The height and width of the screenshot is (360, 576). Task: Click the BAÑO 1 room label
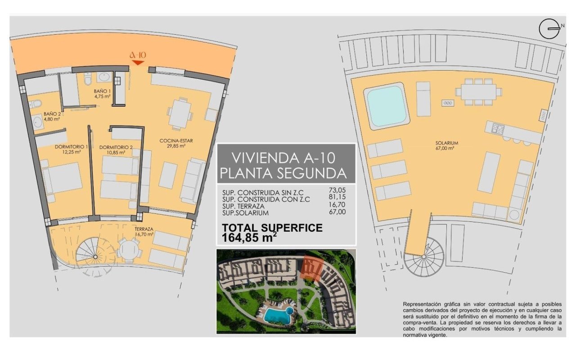pyautogui.click(x=102, y=94)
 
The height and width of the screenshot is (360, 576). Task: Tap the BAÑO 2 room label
pyautogui.click(x=52, y=116)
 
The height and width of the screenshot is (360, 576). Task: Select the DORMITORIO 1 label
pyautogui.click(x=71, y=149)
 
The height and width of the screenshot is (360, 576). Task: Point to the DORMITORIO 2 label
pyautogui.click(x=116, y=150)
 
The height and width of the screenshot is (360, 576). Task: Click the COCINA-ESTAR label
pyautogui.click(x=176, y=143)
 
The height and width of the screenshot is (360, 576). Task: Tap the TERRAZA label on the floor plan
pyautogui.click(x=144, y=231)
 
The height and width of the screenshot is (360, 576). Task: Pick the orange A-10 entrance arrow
pyautogui.click(x=138, y=63)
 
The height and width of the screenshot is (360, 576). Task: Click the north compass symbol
pyautogui.click(x=550, y=29)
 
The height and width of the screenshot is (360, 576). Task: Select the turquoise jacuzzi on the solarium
pyautogui.click(x=386, y=106)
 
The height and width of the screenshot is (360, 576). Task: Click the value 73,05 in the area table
pyautogui.click(x=337, y=190)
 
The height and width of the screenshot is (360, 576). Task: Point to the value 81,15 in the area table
pyautogui.click(x=337, y=197)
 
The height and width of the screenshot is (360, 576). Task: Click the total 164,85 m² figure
pyautogui.click(x=249, y=237)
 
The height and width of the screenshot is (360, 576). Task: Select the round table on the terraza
pyautogui.click(x=129, y=249)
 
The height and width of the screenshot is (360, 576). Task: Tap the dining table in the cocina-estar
pyautogui.click(x=180, y=114)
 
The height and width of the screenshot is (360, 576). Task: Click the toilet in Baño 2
pyautogui.click(x=35, y=104)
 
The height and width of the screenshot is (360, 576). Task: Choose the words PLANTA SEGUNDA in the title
pyautogui.click(x=283, y=173)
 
